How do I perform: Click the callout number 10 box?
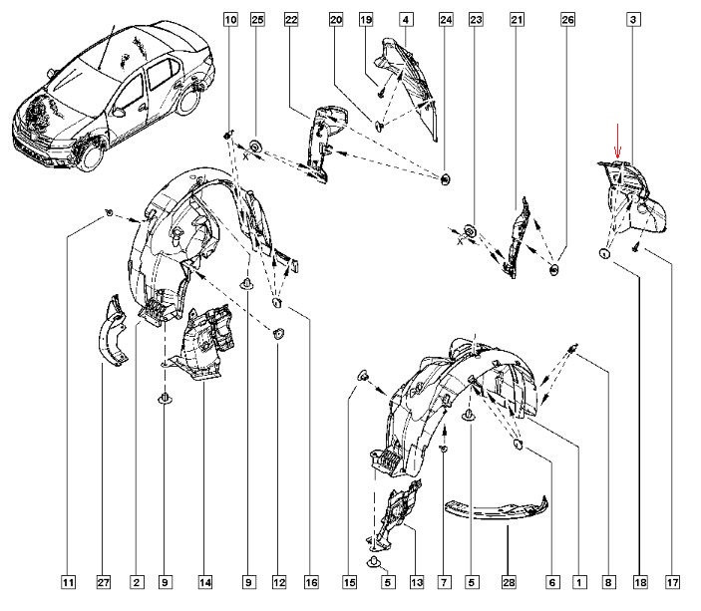tap(230, 19)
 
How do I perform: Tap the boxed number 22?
tap(291, 19)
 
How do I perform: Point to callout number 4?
tap(407, 19)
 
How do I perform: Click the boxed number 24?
tap(446, 19)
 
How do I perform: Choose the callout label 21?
tap(517, 19)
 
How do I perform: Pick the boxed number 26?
tap(567, 19)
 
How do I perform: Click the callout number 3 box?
tap(634, 19)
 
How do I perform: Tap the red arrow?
tap(616, 140)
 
